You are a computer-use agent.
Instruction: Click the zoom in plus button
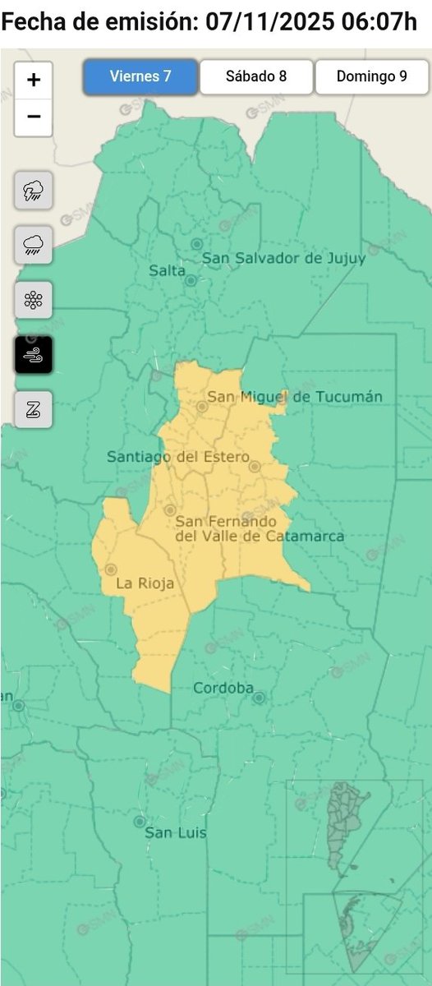click(x=34, y=80)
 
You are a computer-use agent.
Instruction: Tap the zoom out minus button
click(x=34, y=117)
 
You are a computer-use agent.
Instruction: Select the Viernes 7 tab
click(x=140, y=77)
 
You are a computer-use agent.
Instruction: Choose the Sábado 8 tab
click(x=255, y=77)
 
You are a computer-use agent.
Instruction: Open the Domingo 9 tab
click(x=371, y=77)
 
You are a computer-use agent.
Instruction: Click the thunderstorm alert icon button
click(x=34, y=191)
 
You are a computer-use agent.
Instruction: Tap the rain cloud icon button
click(x=34, y=244)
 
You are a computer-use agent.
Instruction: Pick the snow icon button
click(x=34, y=299)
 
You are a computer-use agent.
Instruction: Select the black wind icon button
click(x=34, y=354)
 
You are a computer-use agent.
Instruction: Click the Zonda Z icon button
click(x=34, y=409)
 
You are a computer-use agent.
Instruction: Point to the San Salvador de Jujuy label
click(x=283, y=259)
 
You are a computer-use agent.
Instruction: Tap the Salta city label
click(x=167, y=270)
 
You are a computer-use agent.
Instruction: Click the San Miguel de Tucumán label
click(x=294, y=397)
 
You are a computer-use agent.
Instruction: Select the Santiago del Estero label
click(x=177, y=457)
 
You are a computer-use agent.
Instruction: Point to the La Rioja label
click(x=145, y=584)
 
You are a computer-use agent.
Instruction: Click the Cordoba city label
click(x=223, y=688)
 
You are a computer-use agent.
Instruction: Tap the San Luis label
click(x=175, y=832)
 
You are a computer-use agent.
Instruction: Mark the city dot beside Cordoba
click(x=259, y=698)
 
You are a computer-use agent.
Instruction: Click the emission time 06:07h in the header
click(x=379, y=22)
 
